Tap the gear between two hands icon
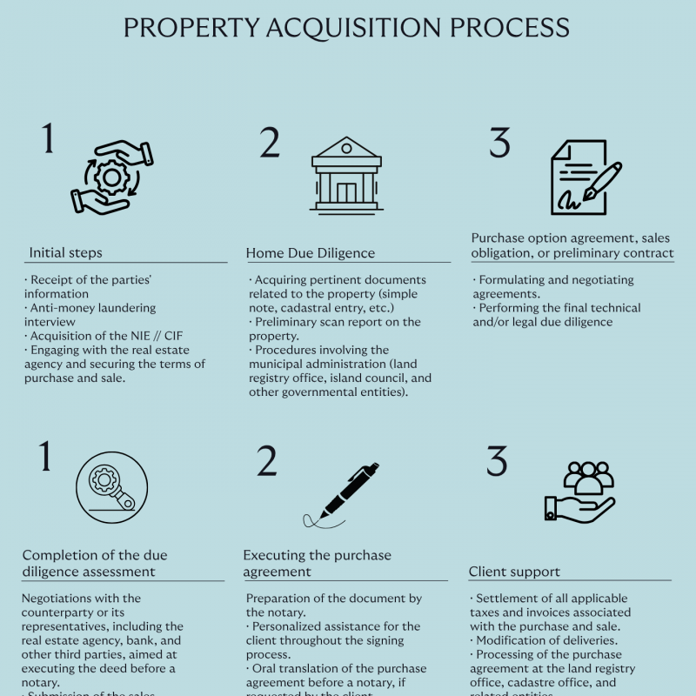[112, 178]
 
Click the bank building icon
[346, 173]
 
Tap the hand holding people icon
[579, 492]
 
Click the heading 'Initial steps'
[65, 253]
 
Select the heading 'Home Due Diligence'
[311, 253]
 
